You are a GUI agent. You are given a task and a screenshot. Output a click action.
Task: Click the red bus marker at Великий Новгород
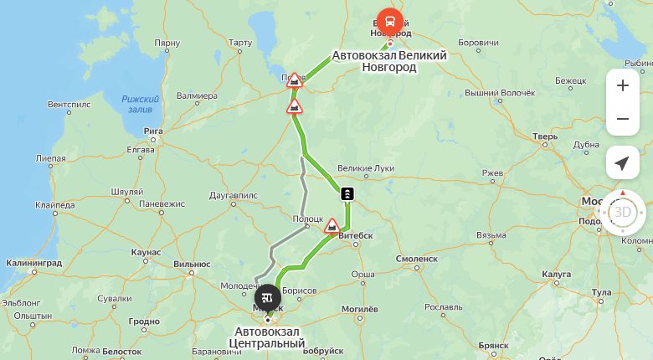point(388,22)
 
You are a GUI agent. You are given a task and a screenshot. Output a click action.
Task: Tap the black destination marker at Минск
point(268,296)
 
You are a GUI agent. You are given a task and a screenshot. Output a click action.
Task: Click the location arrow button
point(622,163)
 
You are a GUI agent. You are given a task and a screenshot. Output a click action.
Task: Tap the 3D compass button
point(623,212)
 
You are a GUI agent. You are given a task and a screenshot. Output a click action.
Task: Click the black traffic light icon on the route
point(347,194)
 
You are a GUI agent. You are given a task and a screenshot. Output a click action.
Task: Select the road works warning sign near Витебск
point(332,225)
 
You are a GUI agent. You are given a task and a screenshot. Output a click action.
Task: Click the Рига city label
point(153,131)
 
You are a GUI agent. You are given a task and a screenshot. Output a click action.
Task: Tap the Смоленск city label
point(417,259)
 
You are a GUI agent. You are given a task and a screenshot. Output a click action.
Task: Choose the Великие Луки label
point(365,167)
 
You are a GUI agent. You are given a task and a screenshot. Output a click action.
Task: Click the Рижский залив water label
point(140,104)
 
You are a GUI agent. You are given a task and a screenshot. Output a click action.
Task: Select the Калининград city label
point(33,263)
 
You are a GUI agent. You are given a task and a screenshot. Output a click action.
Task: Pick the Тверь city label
point(545,136)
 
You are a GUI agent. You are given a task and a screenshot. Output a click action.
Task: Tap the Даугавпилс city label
point(234,195)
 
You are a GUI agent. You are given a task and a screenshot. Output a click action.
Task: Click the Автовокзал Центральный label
point(270,337)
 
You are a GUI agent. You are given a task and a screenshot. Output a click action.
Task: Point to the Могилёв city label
point(361,309)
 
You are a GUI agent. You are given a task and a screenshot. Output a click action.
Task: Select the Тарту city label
point(239,42)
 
